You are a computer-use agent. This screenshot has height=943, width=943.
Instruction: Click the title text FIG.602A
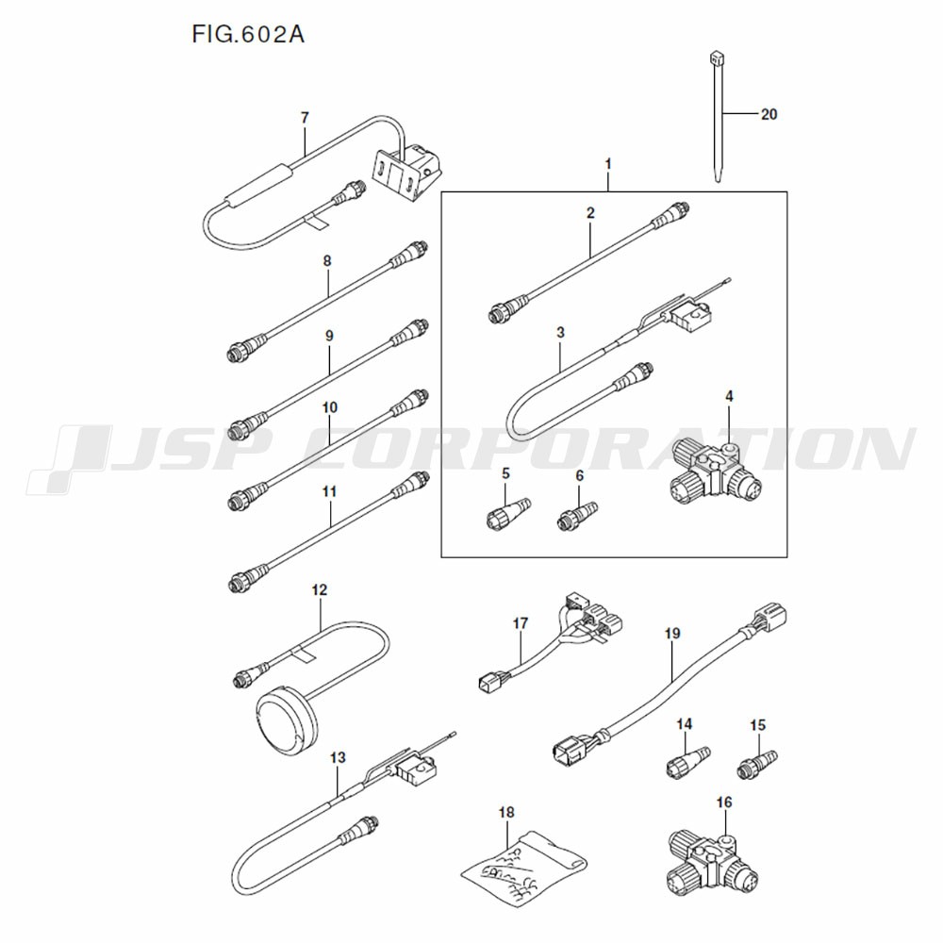(x=248, y=36)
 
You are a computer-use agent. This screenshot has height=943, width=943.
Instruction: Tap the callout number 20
(x=769, y=114)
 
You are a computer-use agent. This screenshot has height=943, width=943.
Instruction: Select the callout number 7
(x=305, y=118)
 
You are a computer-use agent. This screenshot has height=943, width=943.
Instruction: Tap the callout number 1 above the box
(x=608, y=164)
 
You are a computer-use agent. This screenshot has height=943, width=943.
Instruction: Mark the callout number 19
(x=671, y=635)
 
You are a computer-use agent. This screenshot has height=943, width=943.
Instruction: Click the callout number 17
(x=521, y=623)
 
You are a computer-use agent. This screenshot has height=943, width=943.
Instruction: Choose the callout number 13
(x=338, y=757)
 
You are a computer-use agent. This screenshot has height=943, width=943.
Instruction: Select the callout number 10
(x=329, y=409)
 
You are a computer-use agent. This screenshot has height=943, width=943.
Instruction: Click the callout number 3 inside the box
(x=560, y=333)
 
